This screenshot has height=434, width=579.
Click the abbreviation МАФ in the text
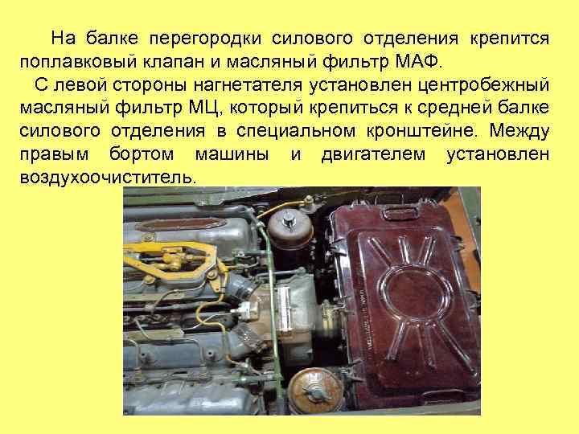tap(417, 61)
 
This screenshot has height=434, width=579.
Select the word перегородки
tap(212, 38)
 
